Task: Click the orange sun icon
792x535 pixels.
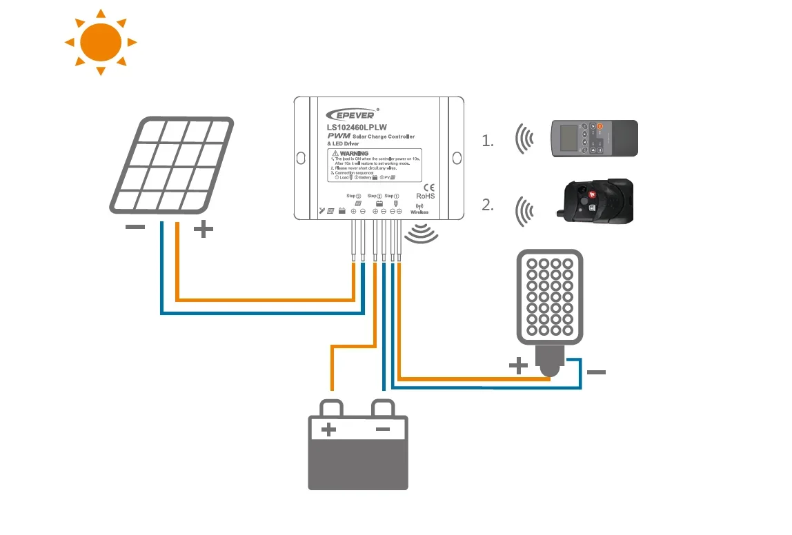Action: click(101, 42)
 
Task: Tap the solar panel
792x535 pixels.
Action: click(171, 165)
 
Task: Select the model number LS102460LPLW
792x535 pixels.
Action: click(357, 127)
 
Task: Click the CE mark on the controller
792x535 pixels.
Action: click(428, 187)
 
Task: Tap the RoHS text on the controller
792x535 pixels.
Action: click(425, 196)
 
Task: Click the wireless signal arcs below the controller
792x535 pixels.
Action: click(422, 233)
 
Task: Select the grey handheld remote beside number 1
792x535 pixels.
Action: click(594, 138)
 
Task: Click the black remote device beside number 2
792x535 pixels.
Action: click(595, 201)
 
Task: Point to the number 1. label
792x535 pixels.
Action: click(488, 141)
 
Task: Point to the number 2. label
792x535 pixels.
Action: click(488, 205)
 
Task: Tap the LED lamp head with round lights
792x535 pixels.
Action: click(550, 296)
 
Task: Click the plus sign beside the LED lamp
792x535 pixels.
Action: click(517, 365)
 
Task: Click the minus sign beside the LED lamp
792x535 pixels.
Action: click(596, 372)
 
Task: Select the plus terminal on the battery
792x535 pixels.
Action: click(329, 430)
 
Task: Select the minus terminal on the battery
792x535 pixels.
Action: click(383, 430)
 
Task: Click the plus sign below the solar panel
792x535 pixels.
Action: click(203, 229)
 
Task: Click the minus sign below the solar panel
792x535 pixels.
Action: click(135, 228)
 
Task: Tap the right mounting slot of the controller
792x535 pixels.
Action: click(457, 157)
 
